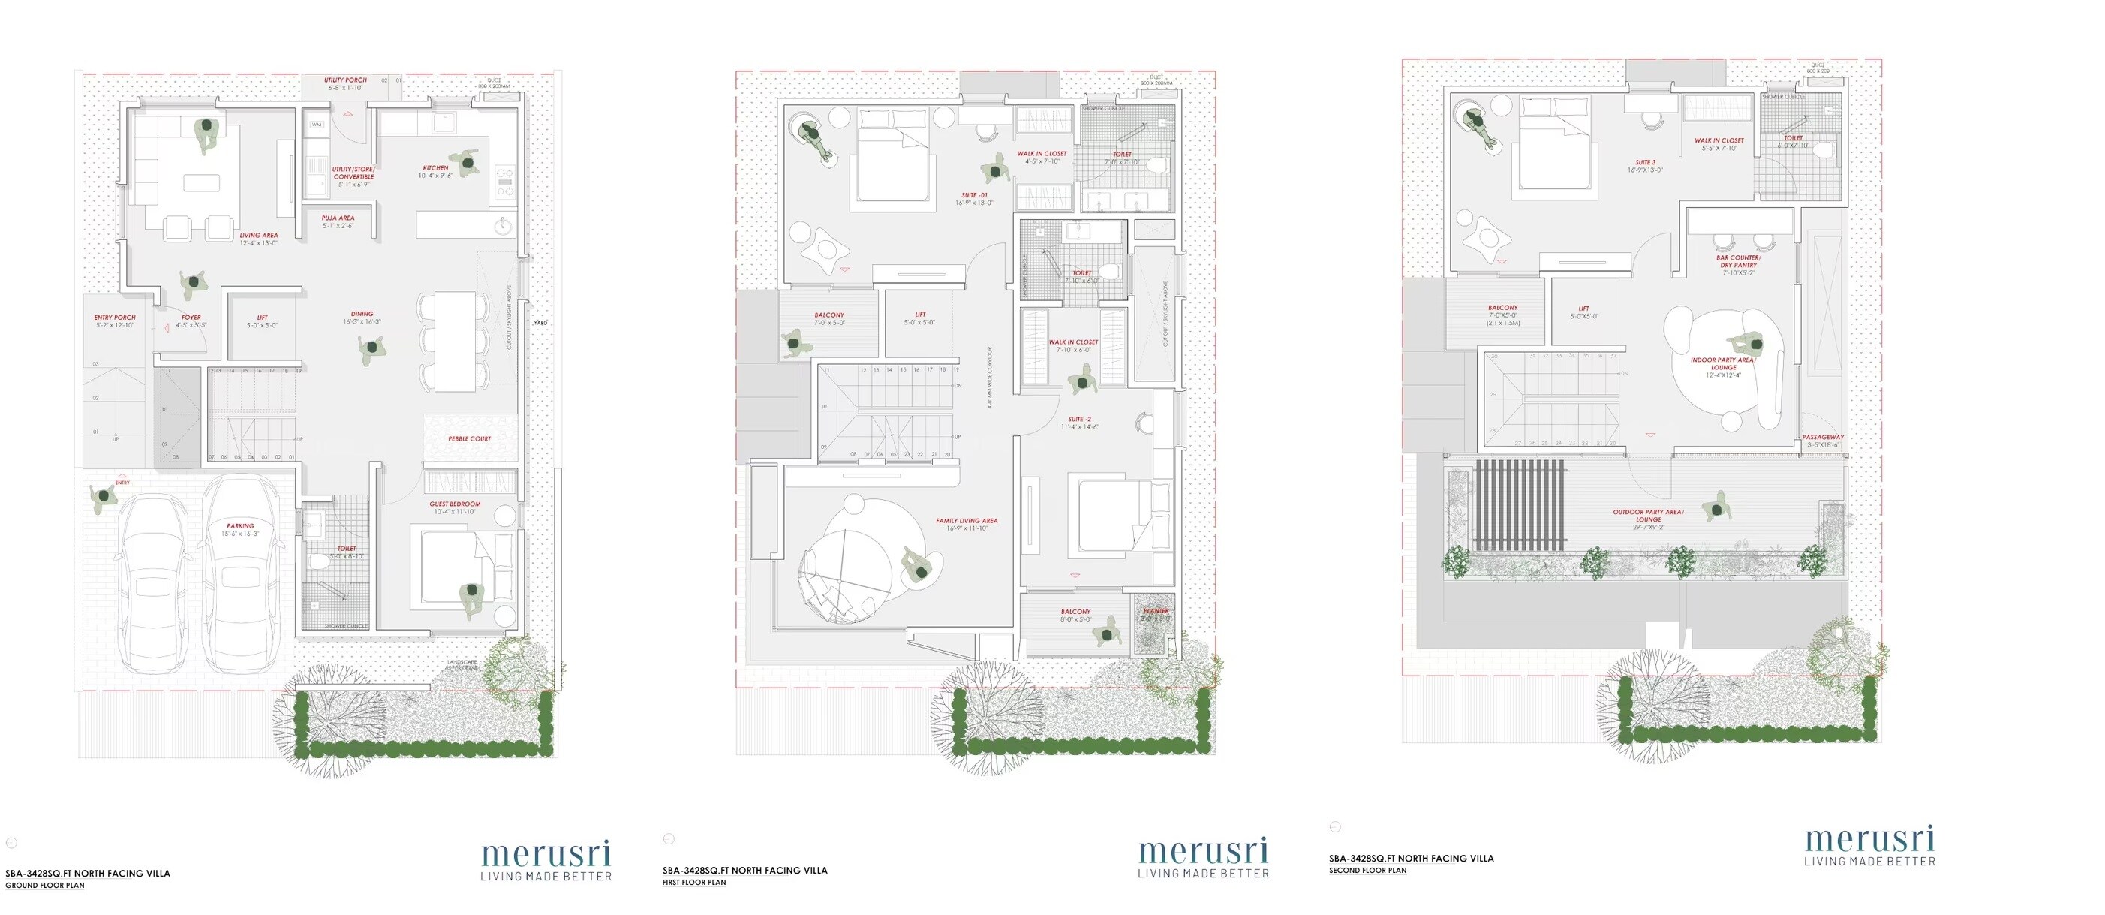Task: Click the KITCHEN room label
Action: tap(435, 167)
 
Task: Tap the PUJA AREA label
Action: tap(338, 218)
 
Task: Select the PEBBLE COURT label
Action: tap(469, 439)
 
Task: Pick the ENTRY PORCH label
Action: tap(114, 318)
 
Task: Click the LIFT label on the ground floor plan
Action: tap(263, 318)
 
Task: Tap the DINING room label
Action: tap(362, 314)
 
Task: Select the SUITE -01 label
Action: tap(974, 195)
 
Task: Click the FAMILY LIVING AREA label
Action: tap(967, 521)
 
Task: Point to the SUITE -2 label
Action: tap(1079, 420)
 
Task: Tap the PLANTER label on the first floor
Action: tap(1156, 611)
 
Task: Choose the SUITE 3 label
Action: tap(1645, 163)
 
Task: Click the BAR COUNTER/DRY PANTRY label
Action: tap(1738, 262)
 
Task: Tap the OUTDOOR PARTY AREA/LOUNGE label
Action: tap(1647, 516)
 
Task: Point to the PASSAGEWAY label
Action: tap(1823, 438)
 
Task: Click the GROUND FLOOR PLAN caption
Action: tap(45, 886)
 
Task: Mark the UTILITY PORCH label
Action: tap(345, 80)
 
